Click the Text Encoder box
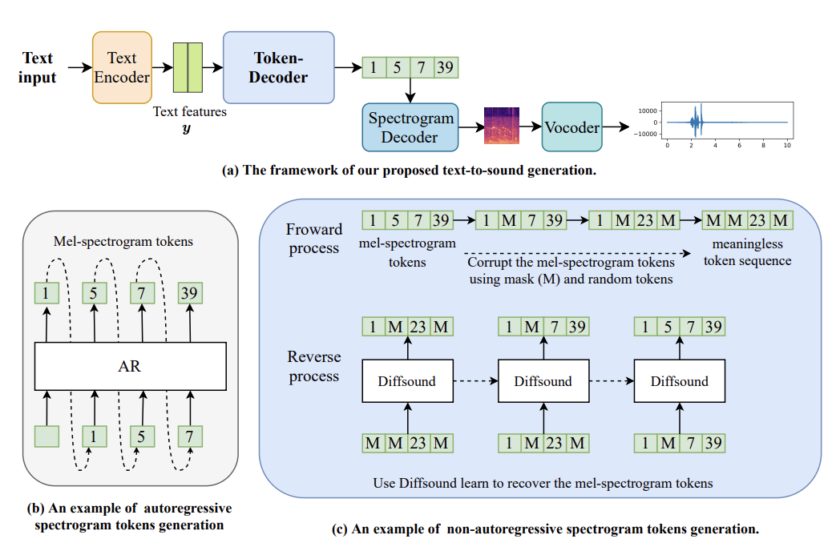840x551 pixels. [x=122, y=67]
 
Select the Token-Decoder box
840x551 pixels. [x=278, y=67]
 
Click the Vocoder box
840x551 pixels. [x=571, y=127]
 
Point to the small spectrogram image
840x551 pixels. [x=501, y=126]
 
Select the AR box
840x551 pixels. [x=130, y=367]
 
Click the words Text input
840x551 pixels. [x=38, y=67]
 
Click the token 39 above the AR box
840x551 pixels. [x=190, y=294]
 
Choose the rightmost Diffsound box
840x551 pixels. [x=679, y=380]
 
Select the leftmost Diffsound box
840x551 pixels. [x=407, y=380]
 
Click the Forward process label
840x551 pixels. [x=313, y=239]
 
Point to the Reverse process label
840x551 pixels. [x=313, y=367]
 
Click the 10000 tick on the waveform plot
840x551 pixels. [x=648, y=111]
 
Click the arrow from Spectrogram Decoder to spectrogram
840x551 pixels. [x=470, y=127]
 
